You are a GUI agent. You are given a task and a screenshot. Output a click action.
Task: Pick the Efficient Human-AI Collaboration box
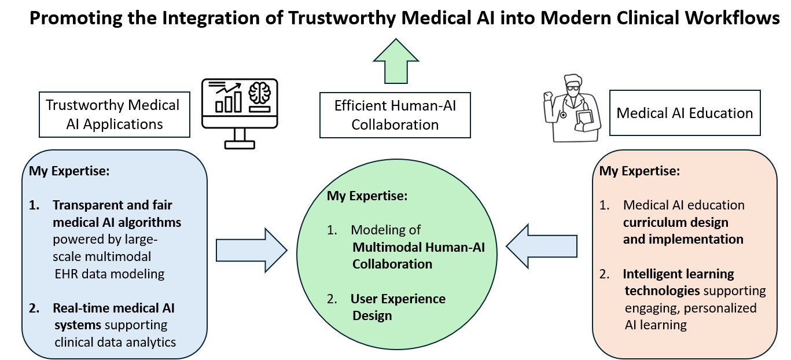395,115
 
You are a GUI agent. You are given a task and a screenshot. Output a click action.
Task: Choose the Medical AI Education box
685,113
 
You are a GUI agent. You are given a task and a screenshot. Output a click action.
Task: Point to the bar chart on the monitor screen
227,100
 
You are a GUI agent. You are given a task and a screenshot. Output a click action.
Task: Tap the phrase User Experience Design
398,307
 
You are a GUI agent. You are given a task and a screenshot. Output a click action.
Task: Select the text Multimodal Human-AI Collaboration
418,255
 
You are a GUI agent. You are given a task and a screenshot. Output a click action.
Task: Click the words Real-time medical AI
113,308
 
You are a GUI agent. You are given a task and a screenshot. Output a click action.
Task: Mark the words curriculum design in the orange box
675,222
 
